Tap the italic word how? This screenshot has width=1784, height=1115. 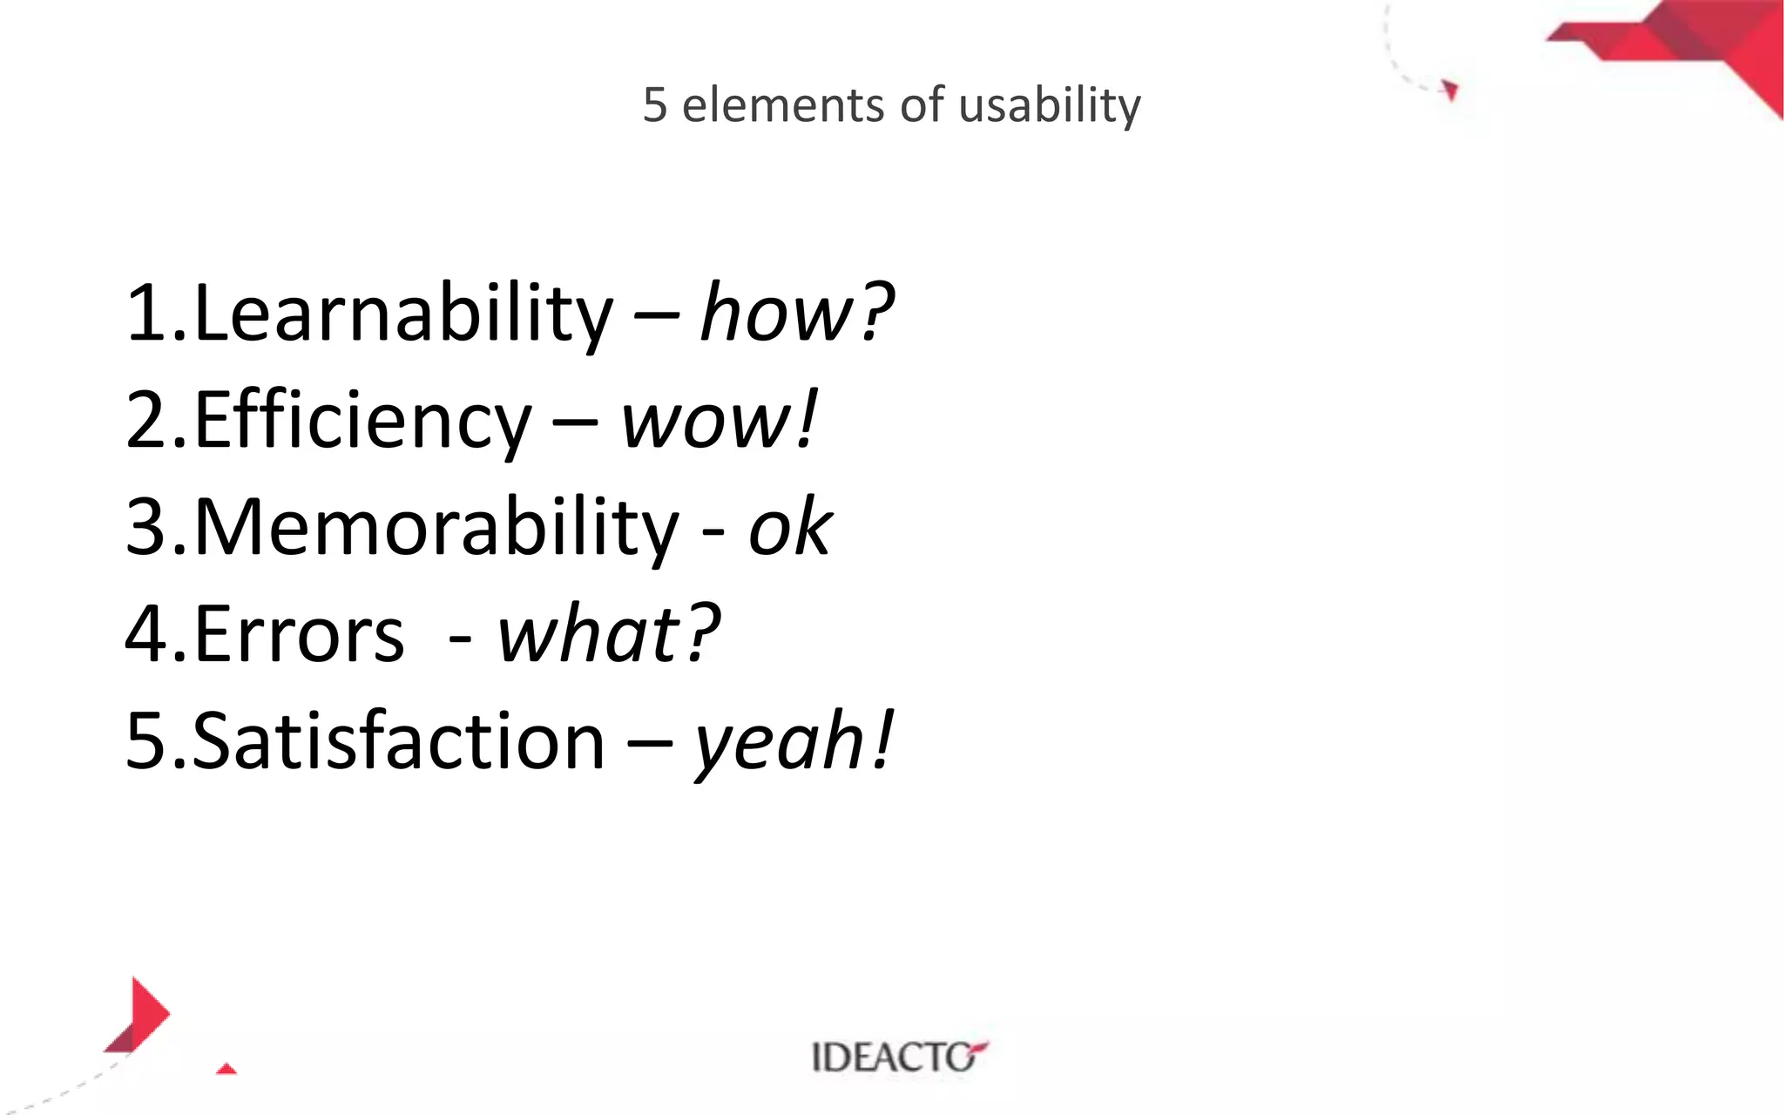click(796, 314)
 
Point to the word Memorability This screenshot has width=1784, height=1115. click(435, 528)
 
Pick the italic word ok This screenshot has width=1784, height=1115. click(789, 528)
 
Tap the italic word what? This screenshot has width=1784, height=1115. click(608, 633)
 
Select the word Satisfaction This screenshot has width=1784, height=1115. click(397, 741)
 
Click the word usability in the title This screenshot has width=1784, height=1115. click(1049, 105)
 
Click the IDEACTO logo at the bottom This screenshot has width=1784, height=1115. click(899, 1057)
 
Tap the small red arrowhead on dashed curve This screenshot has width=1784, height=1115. click(1449, 90)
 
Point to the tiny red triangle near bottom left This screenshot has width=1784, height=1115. click(226, 1069)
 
